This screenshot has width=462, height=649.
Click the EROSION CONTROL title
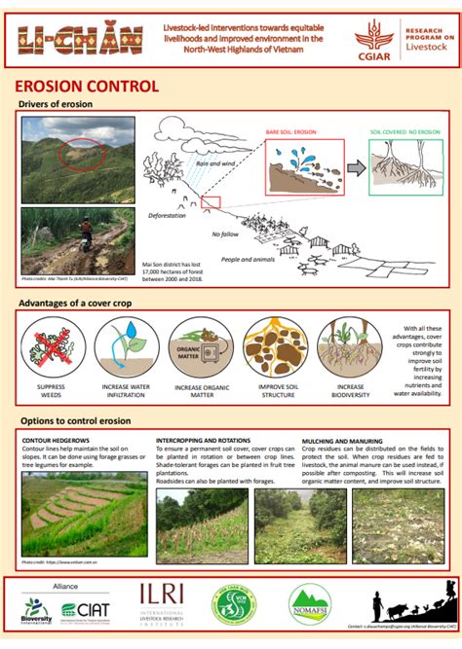coord(88,86)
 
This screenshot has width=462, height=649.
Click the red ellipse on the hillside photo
coord(78,154)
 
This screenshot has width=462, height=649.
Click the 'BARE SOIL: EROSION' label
coord(293,130)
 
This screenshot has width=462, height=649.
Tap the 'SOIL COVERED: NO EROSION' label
coord(406,130)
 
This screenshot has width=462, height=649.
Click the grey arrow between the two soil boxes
coord(355,167)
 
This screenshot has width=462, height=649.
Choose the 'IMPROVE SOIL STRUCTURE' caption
coord(277,391)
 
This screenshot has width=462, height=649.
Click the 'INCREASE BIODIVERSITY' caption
coord(351,391)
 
